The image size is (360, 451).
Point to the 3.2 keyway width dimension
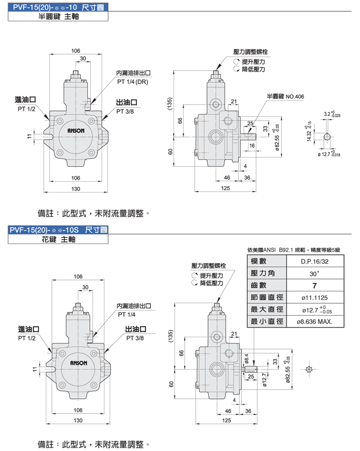(329, 114)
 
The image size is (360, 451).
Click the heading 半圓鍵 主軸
(59, 16)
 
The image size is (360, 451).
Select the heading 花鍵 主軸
(59, 239)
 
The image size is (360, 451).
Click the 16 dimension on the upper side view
(251, 146)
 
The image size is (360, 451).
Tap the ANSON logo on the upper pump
(76, 131)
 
